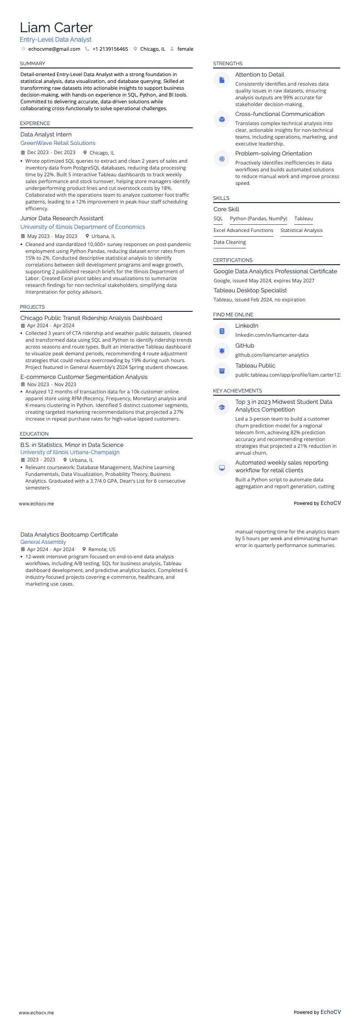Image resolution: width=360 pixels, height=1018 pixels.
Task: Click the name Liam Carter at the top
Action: click(x=56, y=28)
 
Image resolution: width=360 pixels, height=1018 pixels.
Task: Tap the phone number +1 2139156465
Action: click(x=110, y=49)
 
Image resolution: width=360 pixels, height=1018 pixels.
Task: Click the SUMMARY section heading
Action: click(x=33, y=63)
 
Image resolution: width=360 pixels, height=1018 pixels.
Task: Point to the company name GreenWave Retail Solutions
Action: click(x=58, y=143)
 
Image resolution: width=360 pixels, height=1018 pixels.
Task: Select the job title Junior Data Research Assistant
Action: click(x=62, y=218)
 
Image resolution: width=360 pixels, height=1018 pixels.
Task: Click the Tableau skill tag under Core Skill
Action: click(x=303, y=218)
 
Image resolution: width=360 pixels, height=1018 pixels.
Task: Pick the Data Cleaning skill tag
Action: click(x=229, y=242)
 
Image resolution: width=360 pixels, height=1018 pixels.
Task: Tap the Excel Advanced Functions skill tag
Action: click(x=243, y=230)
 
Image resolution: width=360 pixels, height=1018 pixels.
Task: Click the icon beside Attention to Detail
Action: click(x=222, y=80)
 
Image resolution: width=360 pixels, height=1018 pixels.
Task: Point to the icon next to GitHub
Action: click(x=222, y=350)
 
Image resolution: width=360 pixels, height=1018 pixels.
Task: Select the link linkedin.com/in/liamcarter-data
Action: click(x=272, y=335)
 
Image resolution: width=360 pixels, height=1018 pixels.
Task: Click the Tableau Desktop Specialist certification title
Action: click(x=250, y=290)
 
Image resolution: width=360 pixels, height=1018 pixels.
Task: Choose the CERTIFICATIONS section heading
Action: click(x=233, y=260)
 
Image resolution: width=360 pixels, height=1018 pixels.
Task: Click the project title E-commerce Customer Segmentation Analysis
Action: click(x=84, y=377)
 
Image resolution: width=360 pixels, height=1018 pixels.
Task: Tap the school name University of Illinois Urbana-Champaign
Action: click(x=70, y=452)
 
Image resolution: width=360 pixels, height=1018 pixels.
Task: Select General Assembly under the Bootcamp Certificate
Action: click(x=43, y=542)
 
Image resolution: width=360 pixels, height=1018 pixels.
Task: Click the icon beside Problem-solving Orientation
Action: click(x=222, y=159)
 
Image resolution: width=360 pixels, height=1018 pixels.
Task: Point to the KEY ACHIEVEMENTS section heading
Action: click(x=237, y=391)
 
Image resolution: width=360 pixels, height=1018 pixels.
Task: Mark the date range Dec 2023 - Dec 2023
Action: click(x=51, y=153)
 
